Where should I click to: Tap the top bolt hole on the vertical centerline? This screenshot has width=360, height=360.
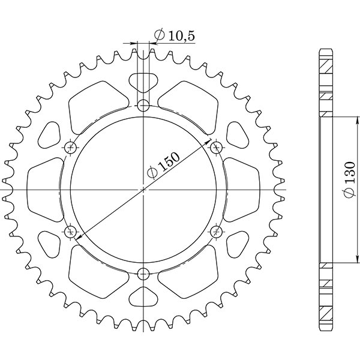pyautogui.click(x=143, y=106)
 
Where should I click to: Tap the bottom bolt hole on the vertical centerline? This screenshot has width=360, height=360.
pyautogui.click(x=143, y=275)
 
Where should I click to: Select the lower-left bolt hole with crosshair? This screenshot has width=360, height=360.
pyautogui.click(x=71, y=230)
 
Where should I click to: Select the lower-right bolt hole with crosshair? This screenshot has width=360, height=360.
pyautogui.click(x=216, y=230)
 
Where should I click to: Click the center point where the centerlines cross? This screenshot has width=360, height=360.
pyautogui.click(x=143, y=190)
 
